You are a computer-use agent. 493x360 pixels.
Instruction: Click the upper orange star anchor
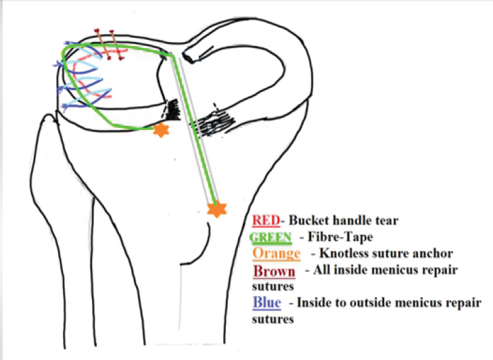(x=160, y=130)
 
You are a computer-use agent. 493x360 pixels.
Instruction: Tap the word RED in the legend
(x=262, y=221)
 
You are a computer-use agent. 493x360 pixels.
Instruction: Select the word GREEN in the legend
(x=270, y=238)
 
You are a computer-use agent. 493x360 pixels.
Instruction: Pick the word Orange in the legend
(x=275, y=254)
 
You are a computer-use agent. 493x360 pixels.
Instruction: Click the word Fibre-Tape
(x=331, y=238)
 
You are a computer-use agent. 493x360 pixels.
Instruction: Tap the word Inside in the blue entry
(x=314, y=302)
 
